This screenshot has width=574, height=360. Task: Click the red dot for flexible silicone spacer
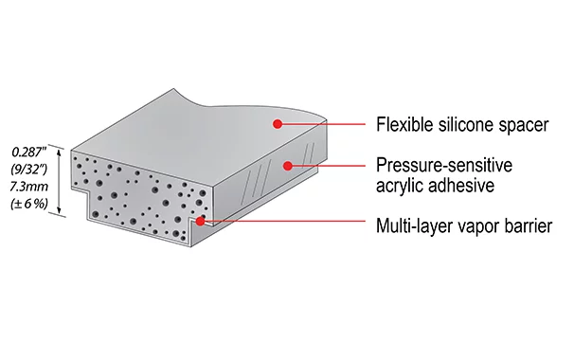click(278, 124)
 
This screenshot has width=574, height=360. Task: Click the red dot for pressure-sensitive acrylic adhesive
click(288, 166)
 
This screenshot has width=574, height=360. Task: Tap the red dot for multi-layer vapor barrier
click(200, 221)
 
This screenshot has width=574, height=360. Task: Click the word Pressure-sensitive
click(444, 165)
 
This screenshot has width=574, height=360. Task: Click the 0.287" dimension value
click(29, 152)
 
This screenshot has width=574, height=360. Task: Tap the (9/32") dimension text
click(29, 169)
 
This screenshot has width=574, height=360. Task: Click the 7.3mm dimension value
click(29, 187)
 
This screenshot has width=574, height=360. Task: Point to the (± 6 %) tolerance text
click(29, 204)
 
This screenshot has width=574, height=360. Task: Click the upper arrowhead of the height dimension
click(59, 152)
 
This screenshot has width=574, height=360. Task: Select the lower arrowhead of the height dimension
click(59, 211)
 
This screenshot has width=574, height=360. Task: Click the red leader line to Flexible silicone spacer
click(321, 124)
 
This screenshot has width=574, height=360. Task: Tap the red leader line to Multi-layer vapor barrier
click(282, 221)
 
